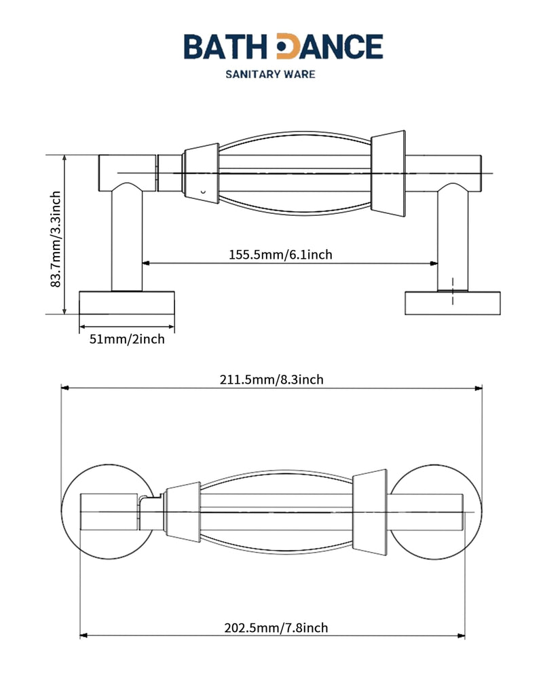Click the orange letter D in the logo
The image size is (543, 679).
(x=288, y=46)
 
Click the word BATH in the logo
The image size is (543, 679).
(x=225, y=46)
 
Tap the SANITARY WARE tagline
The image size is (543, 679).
(x=271, y=74)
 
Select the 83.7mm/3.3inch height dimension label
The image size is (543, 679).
(x=56, y=240)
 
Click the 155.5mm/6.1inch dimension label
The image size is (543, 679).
(x=280, y=254)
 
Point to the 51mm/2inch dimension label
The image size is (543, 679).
(x=127, y=339)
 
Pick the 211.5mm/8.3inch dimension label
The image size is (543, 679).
(x=271, y=380)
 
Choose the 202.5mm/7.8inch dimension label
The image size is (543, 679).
(x=276, y=627)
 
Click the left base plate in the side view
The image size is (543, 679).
(x=127, y=303)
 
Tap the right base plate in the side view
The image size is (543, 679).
(x=453, y=303)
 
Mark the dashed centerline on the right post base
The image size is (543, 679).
(x=453, y=291)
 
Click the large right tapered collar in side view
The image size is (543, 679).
(x=388, y=173)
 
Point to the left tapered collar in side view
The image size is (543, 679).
(x=200, y=173)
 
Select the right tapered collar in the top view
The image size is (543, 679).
(x=370, y=512)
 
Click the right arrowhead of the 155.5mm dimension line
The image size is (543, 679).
(x=433, y=263)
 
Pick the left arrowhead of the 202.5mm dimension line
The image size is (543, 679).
(x=84, y=636)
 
